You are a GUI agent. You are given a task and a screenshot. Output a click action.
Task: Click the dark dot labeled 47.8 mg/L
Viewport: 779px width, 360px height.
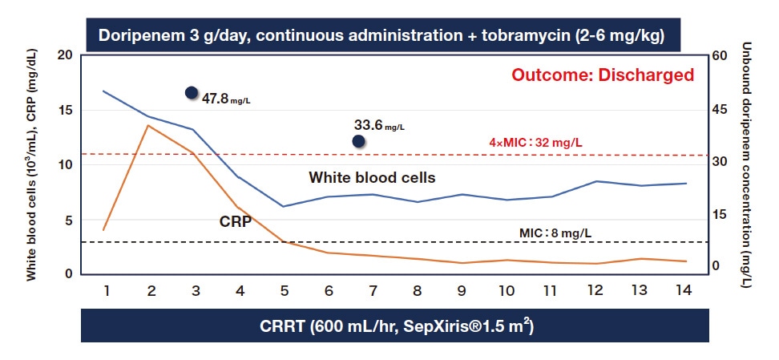point(192,92)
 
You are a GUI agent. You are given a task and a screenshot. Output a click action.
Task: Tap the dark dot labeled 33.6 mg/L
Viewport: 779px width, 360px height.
point(358,141)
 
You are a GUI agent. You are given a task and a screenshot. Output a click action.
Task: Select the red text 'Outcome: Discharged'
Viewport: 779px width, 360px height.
point(603,75)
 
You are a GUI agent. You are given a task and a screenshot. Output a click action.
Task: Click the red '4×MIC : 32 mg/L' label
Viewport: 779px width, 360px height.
point(535,143)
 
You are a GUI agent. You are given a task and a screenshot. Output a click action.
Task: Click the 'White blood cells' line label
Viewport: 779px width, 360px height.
point(373,178)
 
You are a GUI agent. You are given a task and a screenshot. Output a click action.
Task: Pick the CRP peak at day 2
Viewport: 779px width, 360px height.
point(147,125)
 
